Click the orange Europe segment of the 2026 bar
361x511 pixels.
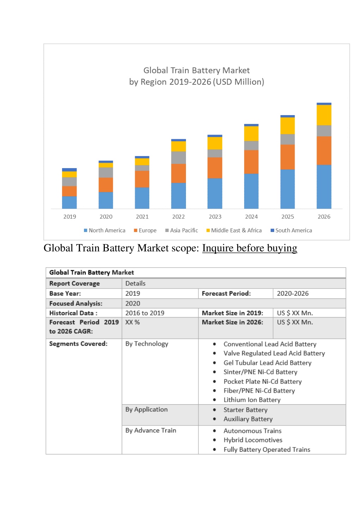pyautogui.click(x=324, y=150)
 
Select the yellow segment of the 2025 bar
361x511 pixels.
pyautogui.click(x=287, y=126)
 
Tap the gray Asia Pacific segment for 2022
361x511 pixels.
pyautogui.click(x=179, y=158)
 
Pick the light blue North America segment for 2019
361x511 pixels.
pyautogui.click(x=69, y=202)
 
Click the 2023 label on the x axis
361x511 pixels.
pyautogui.click(x=215, y=216)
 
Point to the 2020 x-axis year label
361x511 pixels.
pyautogui.click(x=106, y=216)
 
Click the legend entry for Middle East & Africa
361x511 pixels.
pyautogui.click(x=234, y=230)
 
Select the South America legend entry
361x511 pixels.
pyautogui.click(x=291, y=230)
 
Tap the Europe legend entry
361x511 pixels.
pyautogui.click(x=145, y=230)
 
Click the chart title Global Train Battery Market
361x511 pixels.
pyautogui.click(x=197, y=70)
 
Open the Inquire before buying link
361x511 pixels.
pyautogui.click(x=249, y=248)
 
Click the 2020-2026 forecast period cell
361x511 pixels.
pyautogui.click(x=293, y=293)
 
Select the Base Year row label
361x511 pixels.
pyautogui.click(x=65, y=293)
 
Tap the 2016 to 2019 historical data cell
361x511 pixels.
pyautogui.click(x=145, y=313)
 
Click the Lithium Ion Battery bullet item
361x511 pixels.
pyautogui.click(x=252, y=400)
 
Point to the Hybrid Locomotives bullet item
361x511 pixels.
pyautogui.click(x=253, y=440)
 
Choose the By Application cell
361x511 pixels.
pyautogui.click(x=146, y=410)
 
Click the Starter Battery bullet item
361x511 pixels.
pyautogui.click(x=246, y=410)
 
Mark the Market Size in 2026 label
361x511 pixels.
pyautogui.click(x=233, y=322)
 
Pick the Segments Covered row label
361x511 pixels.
pyautogui.click(x=78, y=344)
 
